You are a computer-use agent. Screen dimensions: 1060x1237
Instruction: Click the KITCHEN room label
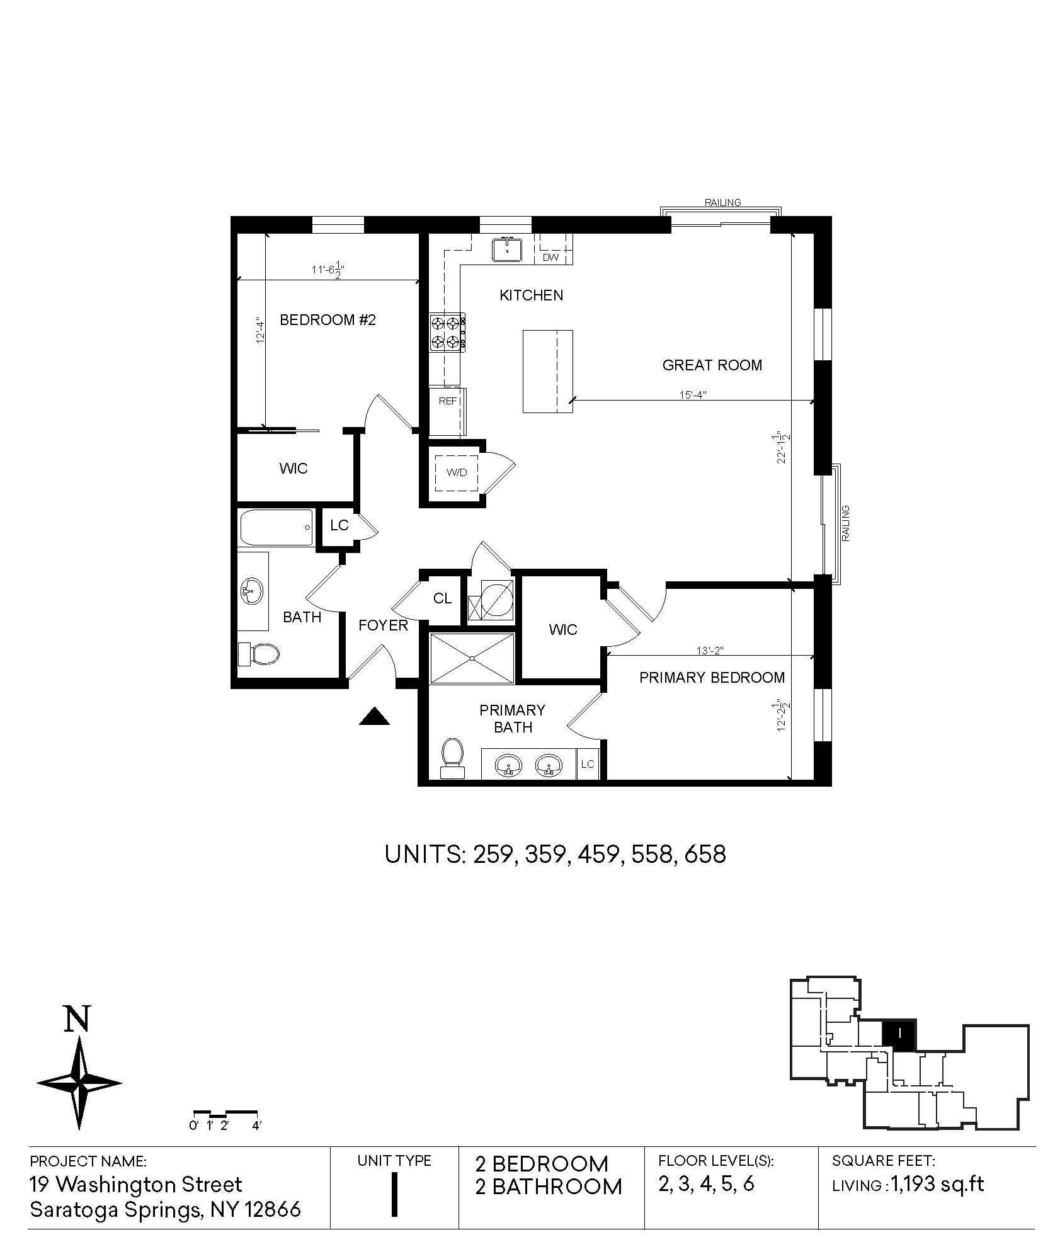pyautogui.click(x=531, y=295)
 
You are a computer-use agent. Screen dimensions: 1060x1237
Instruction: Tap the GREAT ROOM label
pyautogui.click(x=712, y=365)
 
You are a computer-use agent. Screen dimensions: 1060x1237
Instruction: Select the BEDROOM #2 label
pyautogui.click(x=328, y=320)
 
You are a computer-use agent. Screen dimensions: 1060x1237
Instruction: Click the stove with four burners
pyautogui.click(x=448, y=333)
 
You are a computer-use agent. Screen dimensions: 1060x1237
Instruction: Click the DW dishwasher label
pyautogui.click(x=550, y=257)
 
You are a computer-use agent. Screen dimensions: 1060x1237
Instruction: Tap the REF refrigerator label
pyautogui.click(x=448, y=401)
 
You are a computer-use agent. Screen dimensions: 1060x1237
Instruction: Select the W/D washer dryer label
pyautogui.click(x=457, y=472)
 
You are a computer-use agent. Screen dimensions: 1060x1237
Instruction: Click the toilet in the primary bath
pyautogui.click(x=452, y=758)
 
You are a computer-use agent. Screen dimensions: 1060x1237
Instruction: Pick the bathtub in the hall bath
pyautogui.click(x=276, y=528)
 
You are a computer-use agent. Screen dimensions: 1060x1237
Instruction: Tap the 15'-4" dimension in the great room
pyautogui.click(x=693, y=396)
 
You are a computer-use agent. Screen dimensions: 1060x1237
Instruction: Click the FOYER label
pyautogui.click(x=383, y=625)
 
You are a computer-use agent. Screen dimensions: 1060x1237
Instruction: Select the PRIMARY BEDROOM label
pyautogui.click(x=712, y=678)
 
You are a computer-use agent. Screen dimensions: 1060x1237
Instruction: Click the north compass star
pyautogui.click(x=79, y=1083)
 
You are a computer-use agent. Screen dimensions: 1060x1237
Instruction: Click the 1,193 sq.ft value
pyautogui.click(x=938, y=1185)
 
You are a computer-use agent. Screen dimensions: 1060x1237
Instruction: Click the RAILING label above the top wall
pyautogui.click(x=723, y=203)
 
